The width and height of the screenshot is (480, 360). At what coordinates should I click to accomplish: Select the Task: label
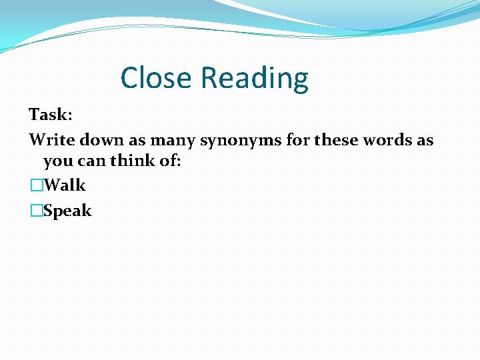point(51,115)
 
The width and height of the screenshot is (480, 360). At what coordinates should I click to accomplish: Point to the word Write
point(51,141)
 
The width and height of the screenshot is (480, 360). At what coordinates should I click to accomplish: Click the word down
point(101,141)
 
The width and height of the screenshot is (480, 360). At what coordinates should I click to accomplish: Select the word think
point(127,161)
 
